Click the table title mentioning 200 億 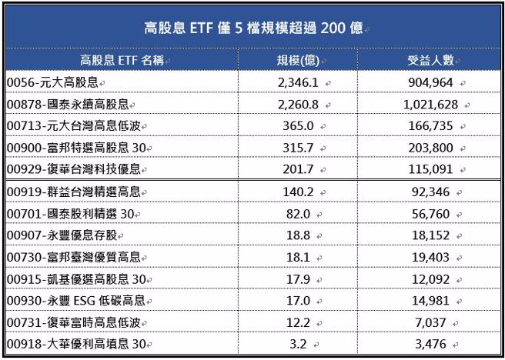(x=252, y=29)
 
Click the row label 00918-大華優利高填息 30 (x=72, y=343)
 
